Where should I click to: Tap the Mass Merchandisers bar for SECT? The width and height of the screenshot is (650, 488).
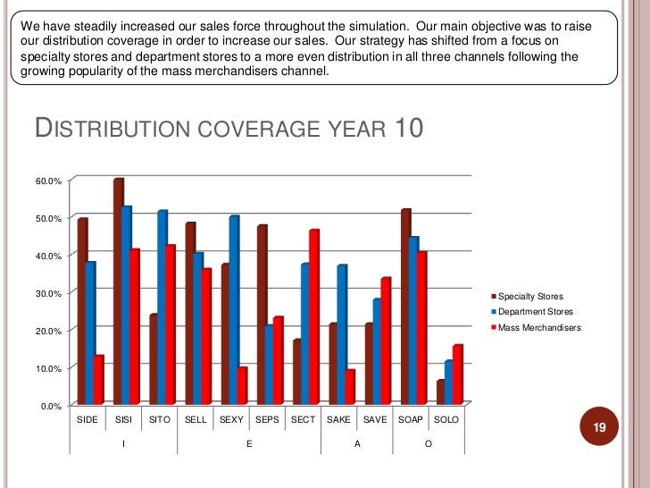point(313,318)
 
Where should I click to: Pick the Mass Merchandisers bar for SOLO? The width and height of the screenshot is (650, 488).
point(457,375)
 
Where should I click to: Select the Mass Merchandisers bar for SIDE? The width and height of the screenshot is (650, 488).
point(99,381)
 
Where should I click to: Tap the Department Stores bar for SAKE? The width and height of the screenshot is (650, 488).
point(342,335)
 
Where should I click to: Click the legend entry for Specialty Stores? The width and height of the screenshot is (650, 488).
point(530,296)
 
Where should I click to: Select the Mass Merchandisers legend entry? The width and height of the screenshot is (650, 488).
point(538,328)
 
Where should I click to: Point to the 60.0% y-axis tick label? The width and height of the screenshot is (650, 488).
point(48,181)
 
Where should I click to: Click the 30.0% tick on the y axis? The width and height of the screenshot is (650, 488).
point(48,293)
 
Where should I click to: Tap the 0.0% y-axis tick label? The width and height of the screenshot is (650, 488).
point(51,406)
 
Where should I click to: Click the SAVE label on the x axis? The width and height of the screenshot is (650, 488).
point(375,419)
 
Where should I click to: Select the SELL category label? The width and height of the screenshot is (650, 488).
point(196,419)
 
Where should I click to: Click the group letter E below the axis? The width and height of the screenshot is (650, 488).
point(249,444)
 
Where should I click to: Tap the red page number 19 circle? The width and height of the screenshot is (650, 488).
point(600,428)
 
